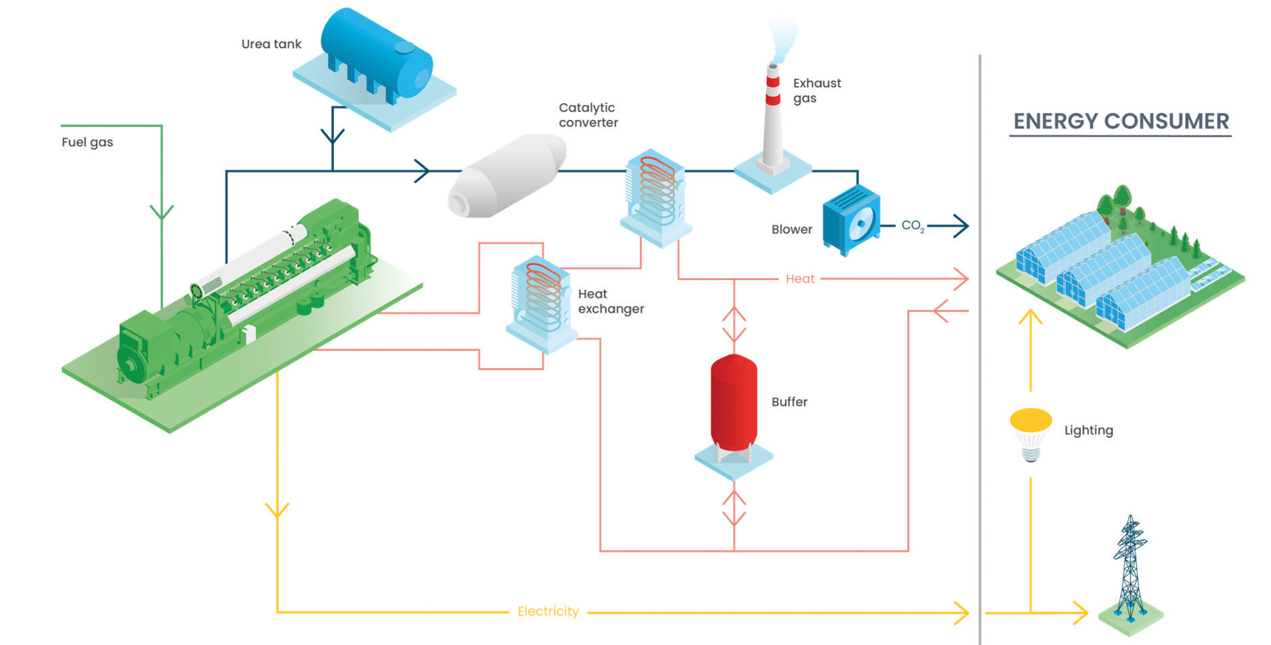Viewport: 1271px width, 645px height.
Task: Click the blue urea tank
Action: pos(376,57)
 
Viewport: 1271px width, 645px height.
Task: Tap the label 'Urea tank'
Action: pos(271,44)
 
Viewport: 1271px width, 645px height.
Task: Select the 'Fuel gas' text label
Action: pos(87,142)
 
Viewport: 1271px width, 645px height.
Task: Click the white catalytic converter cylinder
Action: pos(507,176)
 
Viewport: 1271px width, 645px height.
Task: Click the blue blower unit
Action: pos(851,220)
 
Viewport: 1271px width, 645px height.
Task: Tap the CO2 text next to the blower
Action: pos(912,226)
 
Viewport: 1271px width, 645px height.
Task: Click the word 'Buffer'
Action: pos(789,402)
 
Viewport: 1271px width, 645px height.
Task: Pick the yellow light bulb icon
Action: pos(1030,433)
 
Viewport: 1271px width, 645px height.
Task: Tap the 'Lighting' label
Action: pos(1088,430)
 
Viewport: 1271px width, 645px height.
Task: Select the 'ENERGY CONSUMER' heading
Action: pos(1120,122)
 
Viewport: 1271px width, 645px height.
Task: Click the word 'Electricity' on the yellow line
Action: pos(547,611)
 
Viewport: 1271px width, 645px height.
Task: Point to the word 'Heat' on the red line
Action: pos(799,279)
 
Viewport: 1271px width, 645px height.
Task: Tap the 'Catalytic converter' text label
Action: pos(587,115)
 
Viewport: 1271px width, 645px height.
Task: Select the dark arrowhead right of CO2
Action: pos(961,226)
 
